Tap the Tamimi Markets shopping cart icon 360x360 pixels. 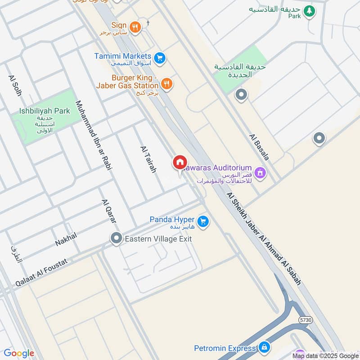[159, 58]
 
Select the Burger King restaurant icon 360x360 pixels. [166, 83]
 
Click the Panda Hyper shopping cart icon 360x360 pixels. [203, 221]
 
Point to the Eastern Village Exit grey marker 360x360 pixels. [117, 238]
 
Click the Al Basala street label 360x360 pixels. [259, 147]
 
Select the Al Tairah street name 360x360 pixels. [148, 160]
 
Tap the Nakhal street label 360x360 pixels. [66, 239]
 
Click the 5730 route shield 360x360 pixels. [305, 320]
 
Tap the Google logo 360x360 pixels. [19, 353]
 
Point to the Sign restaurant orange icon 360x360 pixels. [135, 27]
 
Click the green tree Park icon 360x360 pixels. [309, 11]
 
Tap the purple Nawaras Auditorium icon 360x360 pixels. [260, 172]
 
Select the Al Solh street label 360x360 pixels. [14, 85]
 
